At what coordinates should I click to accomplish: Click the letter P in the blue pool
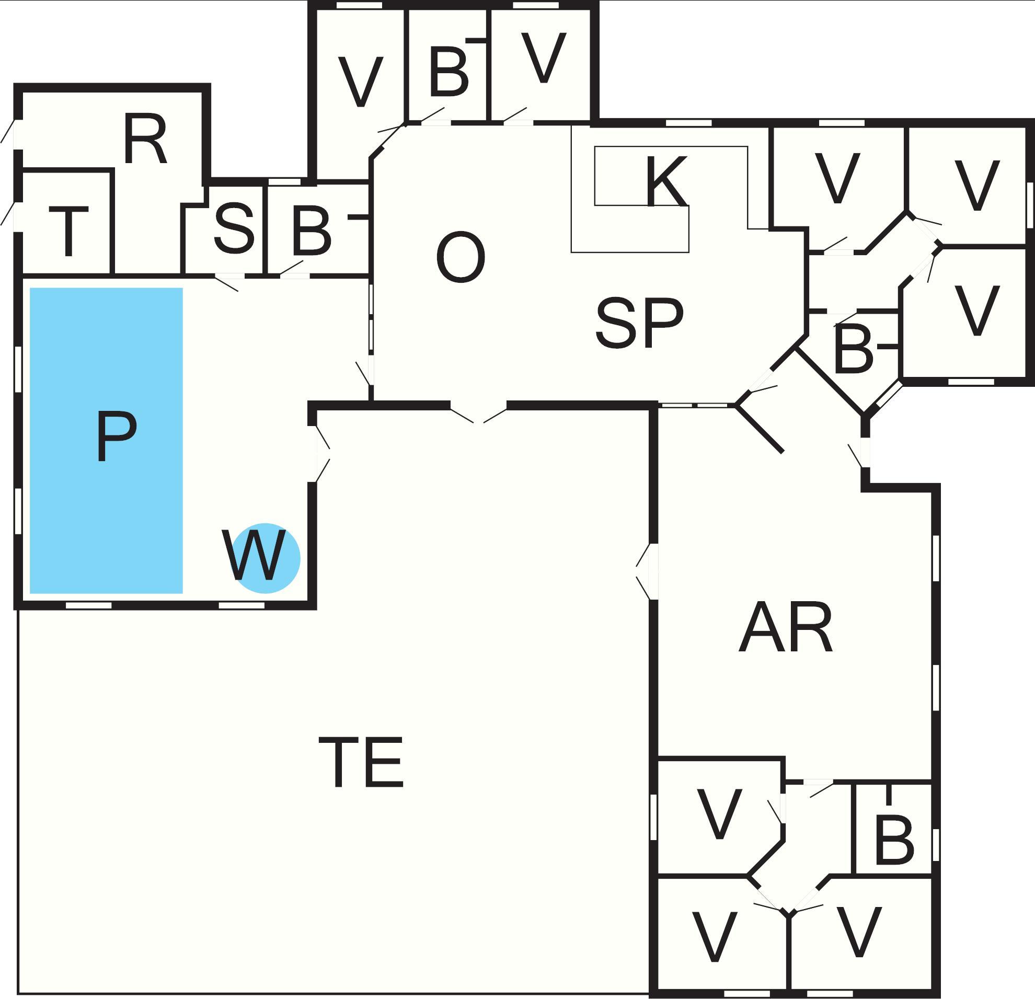[x=117, y=437]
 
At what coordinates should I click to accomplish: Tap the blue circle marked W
[x=266, y=559]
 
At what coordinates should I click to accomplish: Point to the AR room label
[x=785, y=628]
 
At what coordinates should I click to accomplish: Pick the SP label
[x=639, y=323]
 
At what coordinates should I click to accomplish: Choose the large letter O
[x=461, y=258]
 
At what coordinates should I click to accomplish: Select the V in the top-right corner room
[x=977, y=185]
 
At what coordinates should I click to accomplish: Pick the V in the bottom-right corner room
[x=859, y=933]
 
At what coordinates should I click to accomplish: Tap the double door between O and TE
[x=478, y=412]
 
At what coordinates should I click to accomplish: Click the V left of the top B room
[x=361, y=82]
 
